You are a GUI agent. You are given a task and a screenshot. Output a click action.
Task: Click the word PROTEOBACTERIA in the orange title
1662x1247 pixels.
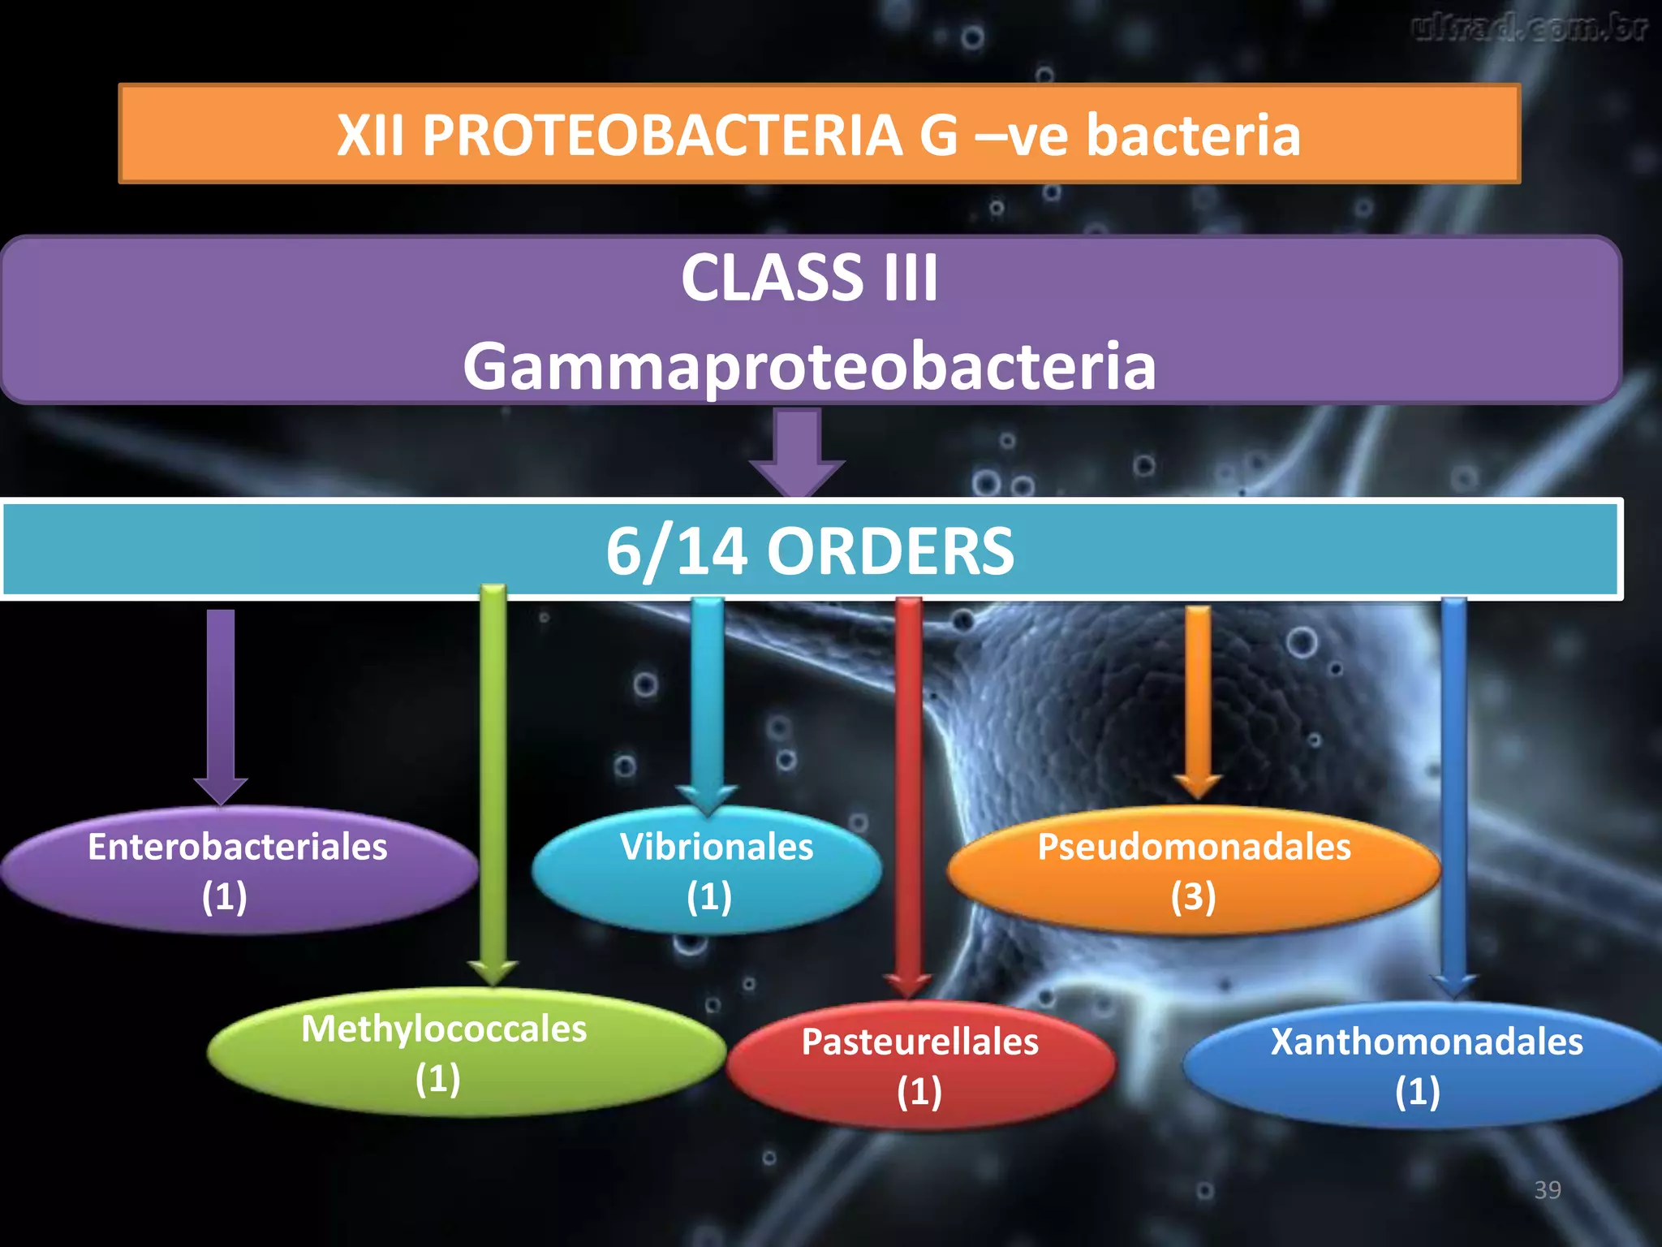click(661, 135)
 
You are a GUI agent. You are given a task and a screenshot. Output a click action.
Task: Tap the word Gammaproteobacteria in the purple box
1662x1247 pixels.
click(809, 366)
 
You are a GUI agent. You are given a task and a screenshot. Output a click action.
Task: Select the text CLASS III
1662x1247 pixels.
click(809, 278)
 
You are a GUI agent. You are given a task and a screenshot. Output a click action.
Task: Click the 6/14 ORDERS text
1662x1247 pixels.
click(809, 551)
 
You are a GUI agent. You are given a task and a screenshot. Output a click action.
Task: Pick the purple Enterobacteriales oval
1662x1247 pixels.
click(238, 870)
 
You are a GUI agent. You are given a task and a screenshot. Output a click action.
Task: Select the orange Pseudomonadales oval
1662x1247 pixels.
click(1193, 870)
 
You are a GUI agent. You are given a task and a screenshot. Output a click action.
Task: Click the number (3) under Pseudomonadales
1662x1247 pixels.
click(1193, 897)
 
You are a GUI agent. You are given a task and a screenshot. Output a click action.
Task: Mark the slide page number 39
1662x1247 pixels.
click(1547, 1190)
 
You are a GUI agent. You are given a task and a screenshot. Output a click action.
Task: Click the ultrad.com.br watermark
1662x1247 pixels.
click(1530, 28)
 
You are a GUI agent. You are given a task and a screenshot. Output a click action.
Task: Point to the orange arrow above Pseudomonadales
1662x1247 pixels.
click(1198, 698)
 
